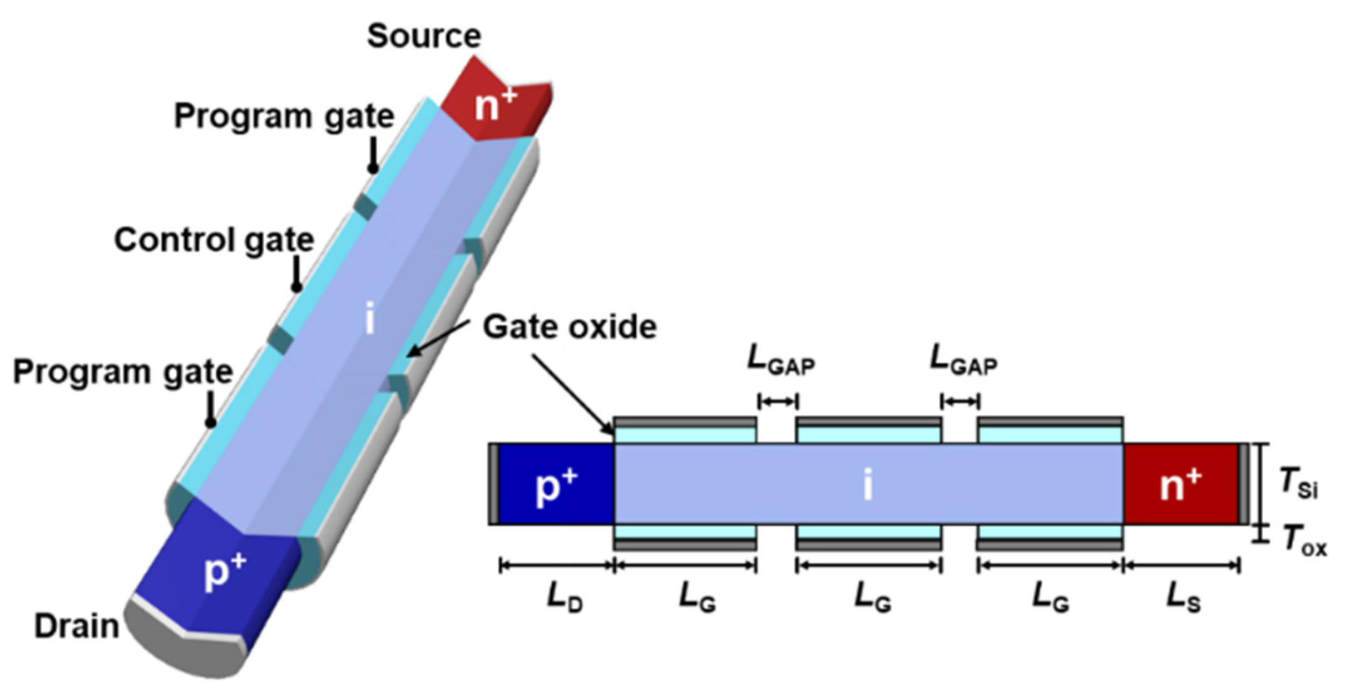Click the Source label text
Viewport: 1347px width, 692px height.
[424, 36]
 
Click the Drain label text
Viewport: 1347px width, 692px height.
[76, 626]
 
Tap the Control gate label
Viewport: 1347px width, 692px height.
[214, 240]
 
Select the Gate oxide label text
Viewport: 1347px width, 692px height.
[569, 327]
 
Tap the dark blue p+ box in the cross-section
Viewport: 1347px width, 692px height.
[555, 484]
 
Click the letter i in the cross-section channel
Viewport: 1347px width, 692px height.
[867, 484]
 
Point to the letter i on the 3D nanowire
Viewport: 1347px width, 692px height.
[370, 319]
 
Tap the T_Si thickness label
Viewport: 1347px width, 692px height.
[1298, 485]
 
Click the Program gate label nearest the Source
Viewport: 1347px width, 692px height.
[284, 116]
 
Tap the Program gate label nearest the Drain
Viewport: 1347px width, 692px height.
[123, 372]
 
